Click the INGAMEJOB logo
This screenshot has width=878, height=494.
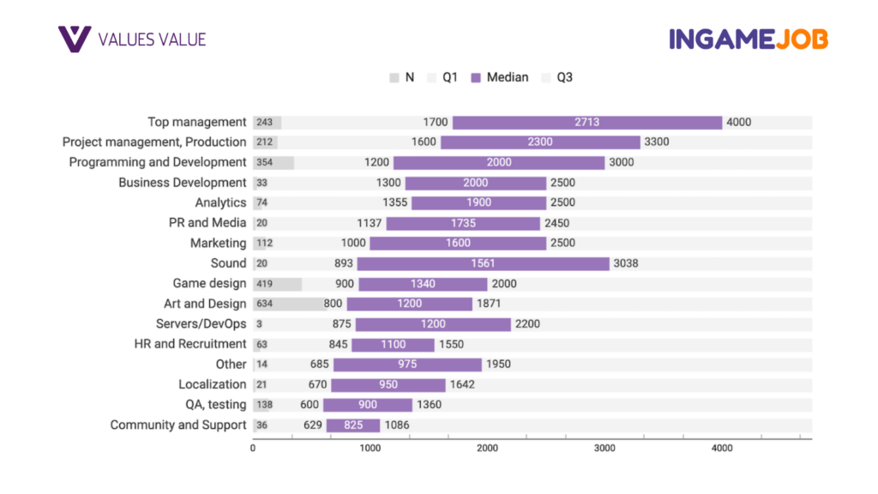tap(748, 39)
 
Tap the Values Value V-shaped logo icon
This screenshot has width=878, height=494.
tap(75, 39)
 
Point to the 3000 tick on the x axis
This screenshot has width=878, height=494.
tap(604, 448)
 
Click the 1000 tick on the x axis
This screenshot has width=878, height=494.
tap(370, 448)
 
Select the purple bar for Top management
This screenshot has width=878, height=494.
tap(587, 123)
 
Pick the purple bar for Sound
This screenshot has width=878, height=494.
tap(483, 263)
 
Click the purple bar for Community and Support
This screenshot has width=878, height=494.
tap(352, 425)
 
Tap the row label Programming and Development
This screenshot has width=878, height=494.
tap(158, 162)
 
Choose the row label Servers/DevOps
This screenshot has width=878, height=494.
tap(201, 324)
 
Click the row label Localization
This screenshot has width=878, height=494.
tap(212, 385)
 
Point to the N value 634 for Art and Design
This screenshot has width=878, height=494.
tap(264, 304)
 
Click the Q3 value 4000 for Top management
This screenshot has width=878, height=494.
tap(738, 123)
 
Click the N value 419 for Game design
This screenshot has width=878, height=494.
tap(264, 284)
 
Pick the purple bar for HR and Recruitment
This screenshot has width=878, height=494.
tap(393, 345)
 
